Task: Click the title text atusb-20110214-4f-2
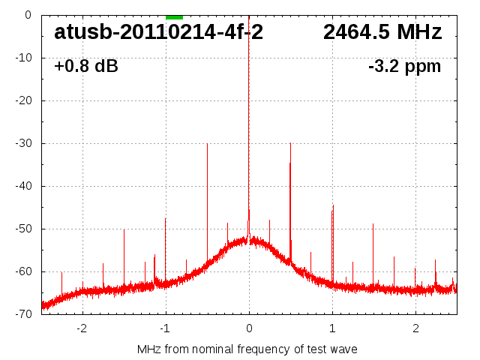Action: click(158, 32)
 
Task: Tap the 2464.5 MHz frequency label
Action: click(382, 32)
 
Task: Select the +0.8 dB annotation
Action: click(85, 67)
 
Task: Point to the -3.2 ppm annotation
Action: click(404, 67)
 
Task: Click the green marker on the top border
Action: click(174, 16)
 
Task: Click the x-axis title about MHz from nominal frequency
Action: click(247, 349)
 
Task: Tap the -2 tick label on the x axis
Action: click(82, 328)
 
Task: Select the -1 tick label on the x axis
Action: click(165, 328)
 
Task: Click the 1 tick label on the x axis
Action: click(332, 328)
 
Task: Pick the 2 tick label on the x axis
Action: click(415, 328)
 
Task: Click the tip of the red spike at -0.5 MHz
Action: click(207, 144)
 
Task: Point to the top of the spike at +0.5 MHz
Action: click(290, 143)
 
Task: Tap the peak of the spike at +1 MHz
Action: click(333, 205)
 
